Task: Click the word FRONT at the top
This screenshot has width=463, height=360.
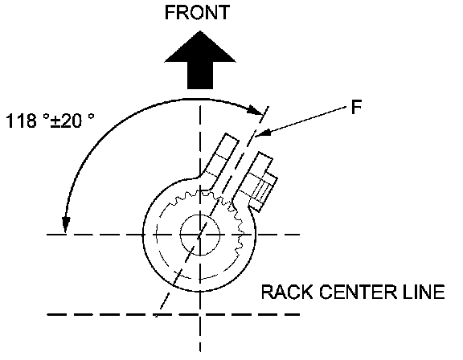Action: coord(197,12)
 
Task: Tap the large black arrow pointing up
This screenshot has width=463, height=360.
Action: coord(200,59)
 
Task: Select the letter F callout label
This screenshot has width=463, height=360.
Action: coord(356,107)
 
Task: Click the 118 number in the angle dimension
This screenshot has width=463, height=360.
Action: coord(21,121)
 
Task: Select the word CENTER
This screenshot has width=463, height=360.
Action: coord(357,292)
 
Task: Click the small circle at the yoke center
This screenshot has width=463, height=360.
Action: coord(200,235)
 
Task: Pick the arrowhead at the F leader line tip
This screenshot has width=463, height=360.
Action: coord(261,133)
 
